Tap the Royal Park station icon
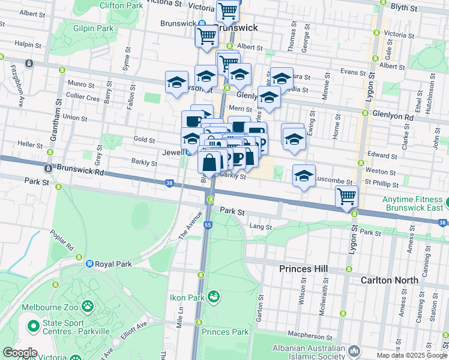pos(89,263)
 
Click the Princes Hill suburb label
pos(303,269)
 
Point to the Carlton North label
pos(388,280)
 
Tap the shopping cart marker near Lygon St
pos(347,196)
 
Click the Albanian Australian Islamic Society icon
pos(354,350)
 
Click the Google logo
pos(19,353)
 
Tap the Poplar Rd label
pos(62,239)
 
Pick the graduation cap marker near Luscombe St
pos(304,175)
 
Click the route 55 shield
pos(208,225)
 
